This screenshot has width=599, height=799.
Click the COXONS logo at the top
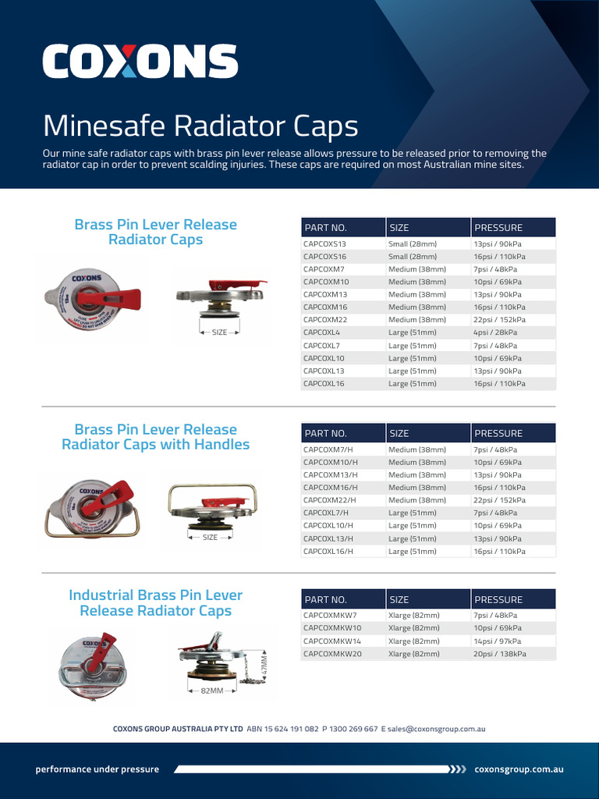pos(140,62)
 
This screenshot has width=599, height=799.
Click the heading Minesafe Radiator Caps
pos(200,126)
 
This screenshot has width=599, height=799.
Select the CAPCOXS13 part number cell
pos(324,243)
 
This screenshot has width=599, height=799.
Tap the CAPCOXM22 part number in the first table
pos(325,320)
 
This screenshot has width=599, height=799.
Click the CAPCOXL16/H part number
pos(328,551)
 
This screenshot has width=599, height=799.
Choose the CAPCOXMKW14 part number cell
pos(332,641)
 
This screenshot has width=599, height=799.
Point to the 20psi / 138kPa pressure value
pos(500,654)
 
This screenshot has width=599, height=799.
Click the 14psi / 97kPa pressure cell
pos(498,641)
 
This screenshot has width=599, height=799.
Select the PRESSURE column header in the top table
pos(498,228)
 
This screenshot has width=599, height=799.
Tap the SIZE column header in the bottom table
pos(399,600)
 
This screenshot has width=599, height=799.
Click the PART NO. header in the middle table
pos(326,433)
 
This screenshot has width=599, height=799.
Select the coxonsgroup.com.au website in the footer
pos(519,769)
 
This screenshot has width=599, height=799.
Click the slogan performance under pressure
pos(97,769)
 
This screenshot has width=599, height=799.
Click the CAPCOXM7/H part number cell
pos(328,449)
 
